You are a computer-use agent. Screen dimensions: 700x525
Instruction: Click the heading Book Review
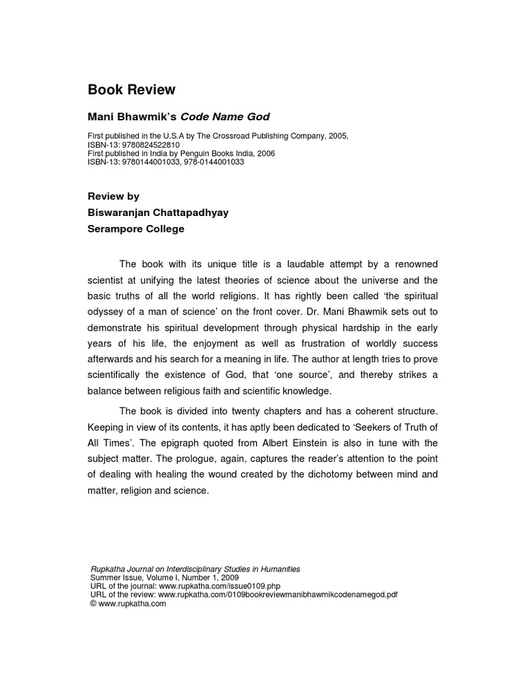click(x=132, y=90)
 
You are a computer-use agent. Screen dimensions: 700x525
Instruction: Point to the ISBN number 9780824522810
click(x=150, y=146)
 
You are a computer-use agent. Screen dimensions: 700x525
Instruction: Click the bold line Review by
click(x=113, y=196)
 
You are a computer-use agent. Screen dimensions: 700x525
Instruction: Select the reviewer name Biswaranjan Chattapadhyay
click(x=158, y=213)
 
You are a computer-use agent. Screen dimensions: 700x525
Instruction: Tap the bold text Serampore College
click(x=136, y=229)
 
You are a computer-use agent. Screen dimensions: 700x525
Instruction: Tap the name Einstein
click(x=338, y=442)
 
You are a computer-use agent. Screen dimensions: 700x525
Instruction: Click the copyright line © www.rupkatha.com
click(x=129, y=603)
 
